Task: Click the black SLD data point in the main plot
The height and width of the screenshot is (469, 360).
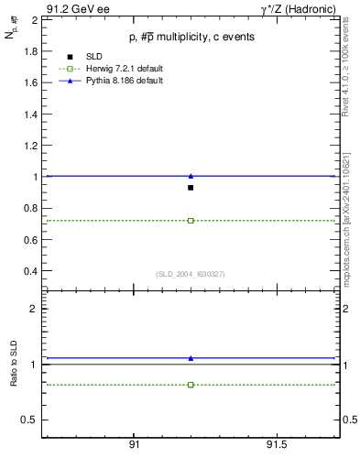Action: tap(191, 188)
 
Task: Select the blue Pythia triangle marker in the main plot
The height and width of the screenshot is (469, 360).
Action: tap(191, 175)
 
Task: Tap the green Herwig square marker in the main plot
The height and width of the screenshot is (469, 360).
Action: tap(191, 221)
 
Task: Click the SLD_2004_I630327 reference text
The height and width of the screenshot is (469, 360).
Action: tap(190, 274)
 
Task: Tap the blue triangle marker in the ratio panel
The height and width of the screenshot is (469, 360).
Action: tap(191, 358)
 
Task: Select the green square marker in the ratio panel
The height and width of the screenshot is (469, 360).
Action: tap(191, 385)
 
